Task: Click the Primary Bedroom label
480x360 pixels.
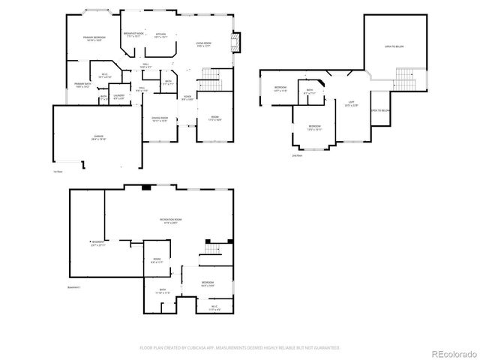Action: click(94, 38)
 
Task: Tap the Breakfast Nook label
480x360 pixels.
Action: click(134, 35)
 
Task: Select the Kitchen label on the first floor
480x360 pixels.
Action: click(161, 35)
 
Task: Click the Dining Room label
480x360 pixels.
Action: click(160, 118)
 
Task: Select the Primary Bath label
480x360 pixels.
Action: click(82, 85)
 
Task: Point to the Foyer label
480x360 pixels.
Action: click(187, 97)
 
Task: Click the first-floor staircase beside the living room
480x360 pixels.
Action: click(211, 79)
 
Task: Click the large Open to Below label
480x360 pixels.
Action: click(393, 45)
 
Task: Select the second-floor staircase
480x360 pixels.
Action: click(405, 78)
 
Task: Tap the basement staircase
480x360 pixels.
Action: click(214, 250)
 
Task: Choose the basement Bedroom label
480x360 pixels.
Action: click(208, 283)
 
